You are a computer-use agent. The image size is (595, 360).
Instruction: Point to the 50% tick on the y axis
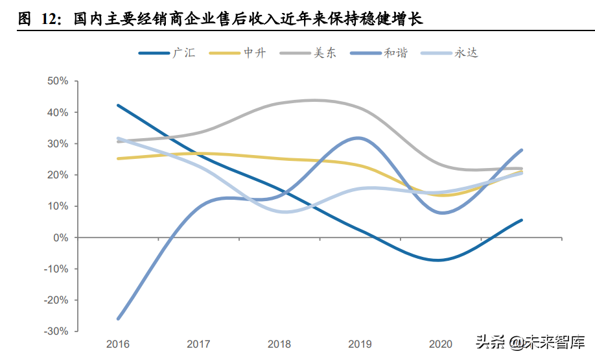pos(58,81)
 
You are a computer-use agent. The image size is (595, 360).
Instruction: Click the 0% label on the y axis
pos(61,237)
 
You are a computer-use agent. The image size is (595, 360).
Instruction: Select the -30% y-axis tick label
pos(56,331)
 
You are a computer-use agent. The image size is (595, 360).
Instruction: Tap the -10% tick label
pos(56,269)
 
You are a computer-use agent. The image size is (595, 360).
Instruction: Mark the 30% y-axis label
pos(58,143)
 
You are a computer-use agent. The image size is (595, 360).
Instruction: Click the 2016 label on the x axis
pos(118,344)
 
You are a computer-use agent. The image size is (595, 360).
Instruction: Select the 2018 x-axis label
pos(279,344)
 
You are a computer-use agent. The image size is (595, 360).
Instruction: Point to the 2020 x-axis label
pos(440,344)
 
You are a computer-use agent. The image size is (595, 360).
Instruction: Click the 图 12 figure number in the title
pos(37,18)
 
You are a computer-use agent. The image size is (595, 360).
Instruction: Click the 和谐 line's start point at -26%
pos(119,318)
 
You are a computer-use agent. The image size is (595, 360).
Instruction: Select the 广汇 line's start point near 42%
pos(119,105)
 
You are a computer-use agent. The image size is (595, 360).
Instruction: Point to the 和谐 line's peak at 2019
pos(358,138)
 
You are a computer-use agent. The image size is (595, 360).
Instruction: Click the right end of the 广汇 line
pos(521,220)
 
